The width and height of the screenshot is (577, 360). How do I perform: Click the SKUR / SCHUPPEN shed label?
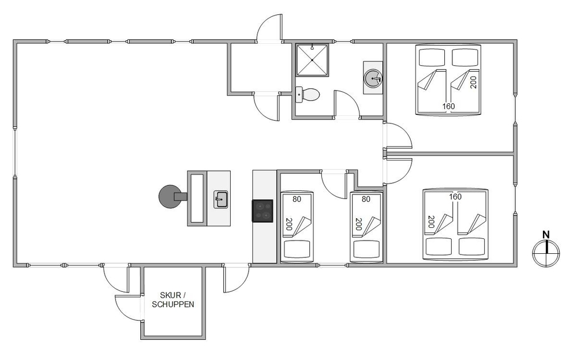tap(173, 299)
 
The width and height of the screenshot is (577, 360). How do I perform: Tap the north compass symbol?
tap(546, 253)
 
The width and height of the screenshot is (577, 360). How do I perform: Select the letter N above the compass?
tap(546, 234)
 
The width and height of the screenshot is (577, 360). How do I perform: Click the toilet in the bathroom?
tap(308, 95)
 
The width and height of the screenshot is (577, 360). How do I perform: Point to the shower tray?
tap(312, 60)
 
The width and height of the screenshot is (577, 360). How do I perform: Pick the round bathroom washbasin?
tap(373, 78)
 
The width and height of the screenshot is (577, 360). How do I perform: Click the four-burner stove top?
tap(263, 211)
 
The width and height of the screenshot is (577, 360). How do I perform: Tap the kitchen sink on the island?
tap(220, 200)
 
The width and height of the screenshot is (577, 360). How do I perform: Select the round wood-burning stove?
tap(171, 196)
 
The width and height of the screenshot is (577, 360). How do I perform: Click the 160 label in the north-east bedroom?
tap(448, 106)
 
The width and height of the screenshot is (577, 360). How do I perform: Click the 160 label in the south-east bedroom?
tap(455, 197)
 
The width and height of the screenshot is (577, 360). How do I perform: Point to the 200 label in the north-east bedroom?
tap(474, 82)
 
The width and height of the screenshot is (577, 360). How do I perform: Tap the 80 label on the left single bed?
tap(297, 199)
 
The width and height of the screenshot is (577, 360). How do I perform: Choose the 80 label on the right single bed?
tap(366, 199)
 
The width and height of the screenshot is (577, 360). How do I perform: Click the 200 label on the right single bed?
tap(358, 224)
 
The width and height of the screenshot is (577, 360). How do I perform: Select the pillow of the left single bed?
tap(297, 249)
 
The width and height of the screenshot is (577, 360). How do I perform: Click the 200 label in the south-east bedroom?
tap(431, 222)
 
